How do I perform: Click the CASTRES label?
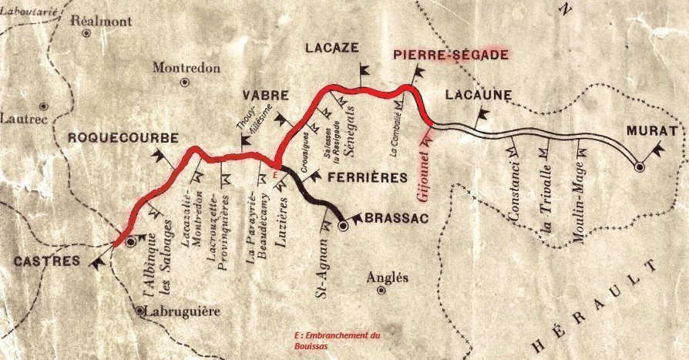46,261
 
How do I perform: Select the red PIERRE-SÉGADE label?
451,55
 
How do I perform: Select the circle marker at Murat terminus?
639,167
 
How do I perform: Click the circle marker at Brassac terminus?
344,227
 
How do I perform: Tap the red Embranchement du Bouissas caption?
338,341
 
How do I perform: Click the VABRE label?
265,96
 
